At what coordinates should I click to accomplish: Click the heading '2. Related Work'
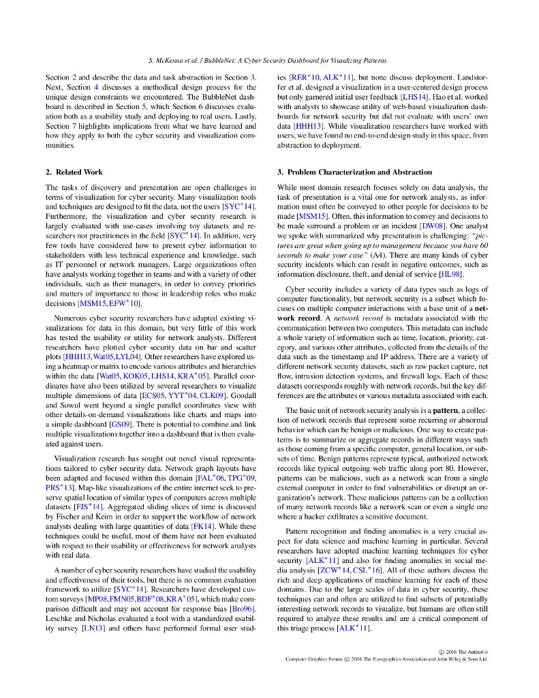(74, 172)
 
